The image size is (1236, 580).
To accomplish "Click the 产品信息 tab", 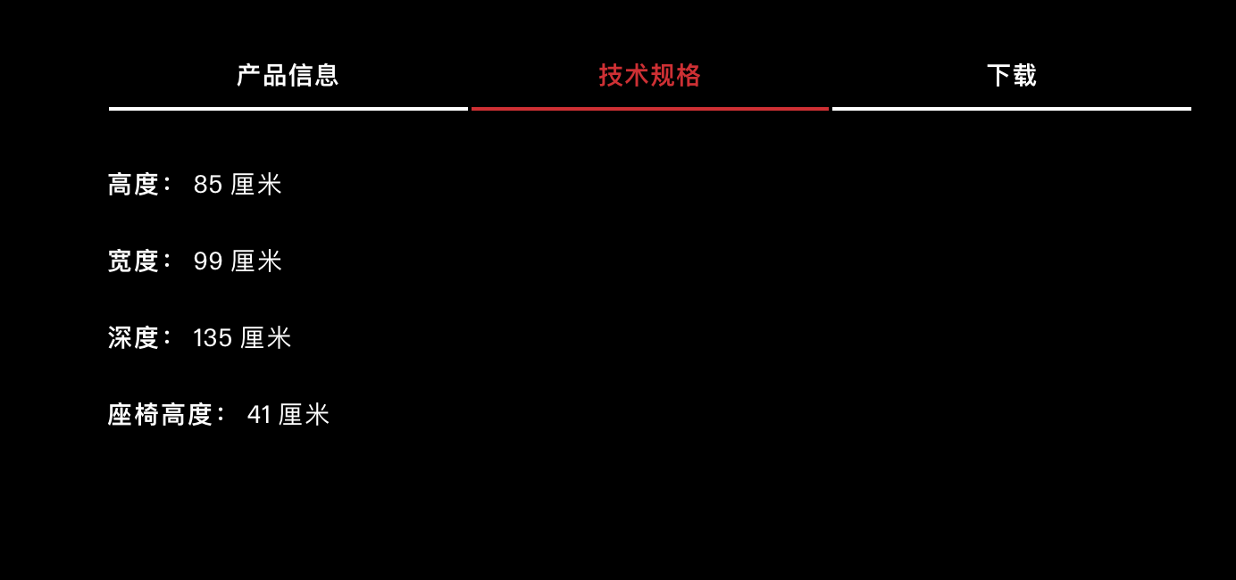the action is coord(288,75).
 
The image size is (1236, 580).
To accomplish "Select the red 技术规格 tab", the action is coord(649,75).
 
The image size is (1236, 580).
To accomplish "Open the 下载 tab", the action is coord(1012,75).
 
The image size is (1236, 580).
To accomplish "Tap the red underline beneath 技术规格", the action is coord(650,109).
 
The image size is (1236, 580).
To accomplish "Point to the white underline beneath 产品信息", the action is coord(288,109).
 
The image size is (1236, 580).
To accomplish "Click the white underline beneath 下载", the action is coord(1012,109).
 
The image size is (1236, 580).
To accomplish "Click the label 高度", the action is coord(133,184).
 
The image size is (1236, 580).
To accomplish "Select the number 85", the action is coord(208,184).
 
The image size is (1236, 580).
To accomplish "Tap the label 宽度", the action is coord(133,261).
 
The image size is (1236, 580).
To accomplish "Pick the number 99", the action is coord(208,261).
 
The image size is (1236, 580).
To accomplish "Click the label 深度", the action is coord(133,337).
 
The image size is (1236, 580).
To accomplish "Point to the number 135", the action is coord(213,337).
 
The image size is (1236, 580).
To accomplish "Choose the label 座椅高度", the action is coord(160,414).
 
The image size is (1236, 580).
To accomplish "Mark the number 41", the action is coord(259,414).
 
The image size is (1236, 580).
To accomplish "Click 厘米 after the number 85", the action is coord(256,184).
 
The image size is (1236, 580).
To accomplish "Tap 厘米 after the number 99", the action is coord(256,261).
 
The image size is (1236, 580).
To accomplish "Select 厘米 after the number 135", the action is coord(265,337).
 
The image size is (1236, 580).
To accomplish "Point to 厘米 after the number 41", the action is coord(304,414).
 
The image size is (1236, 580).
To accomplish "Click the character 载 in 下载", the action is coord(1024,75).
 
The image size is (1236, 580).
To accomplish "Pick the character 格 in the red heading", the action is coord(688,75).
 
